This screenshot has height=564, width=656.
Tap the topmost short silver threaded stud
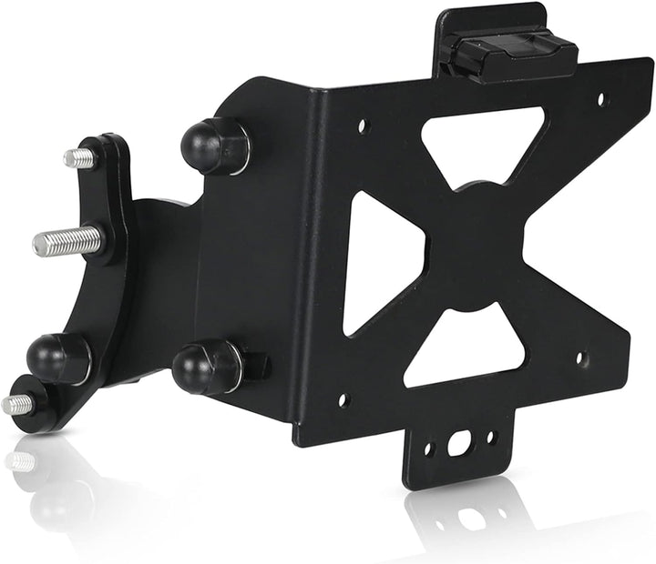coord(80,158)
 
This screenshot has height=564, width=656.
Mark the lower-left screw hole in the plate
coord(343,398)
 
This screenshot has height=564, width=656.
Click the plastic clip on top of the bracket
coord(513,55)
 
